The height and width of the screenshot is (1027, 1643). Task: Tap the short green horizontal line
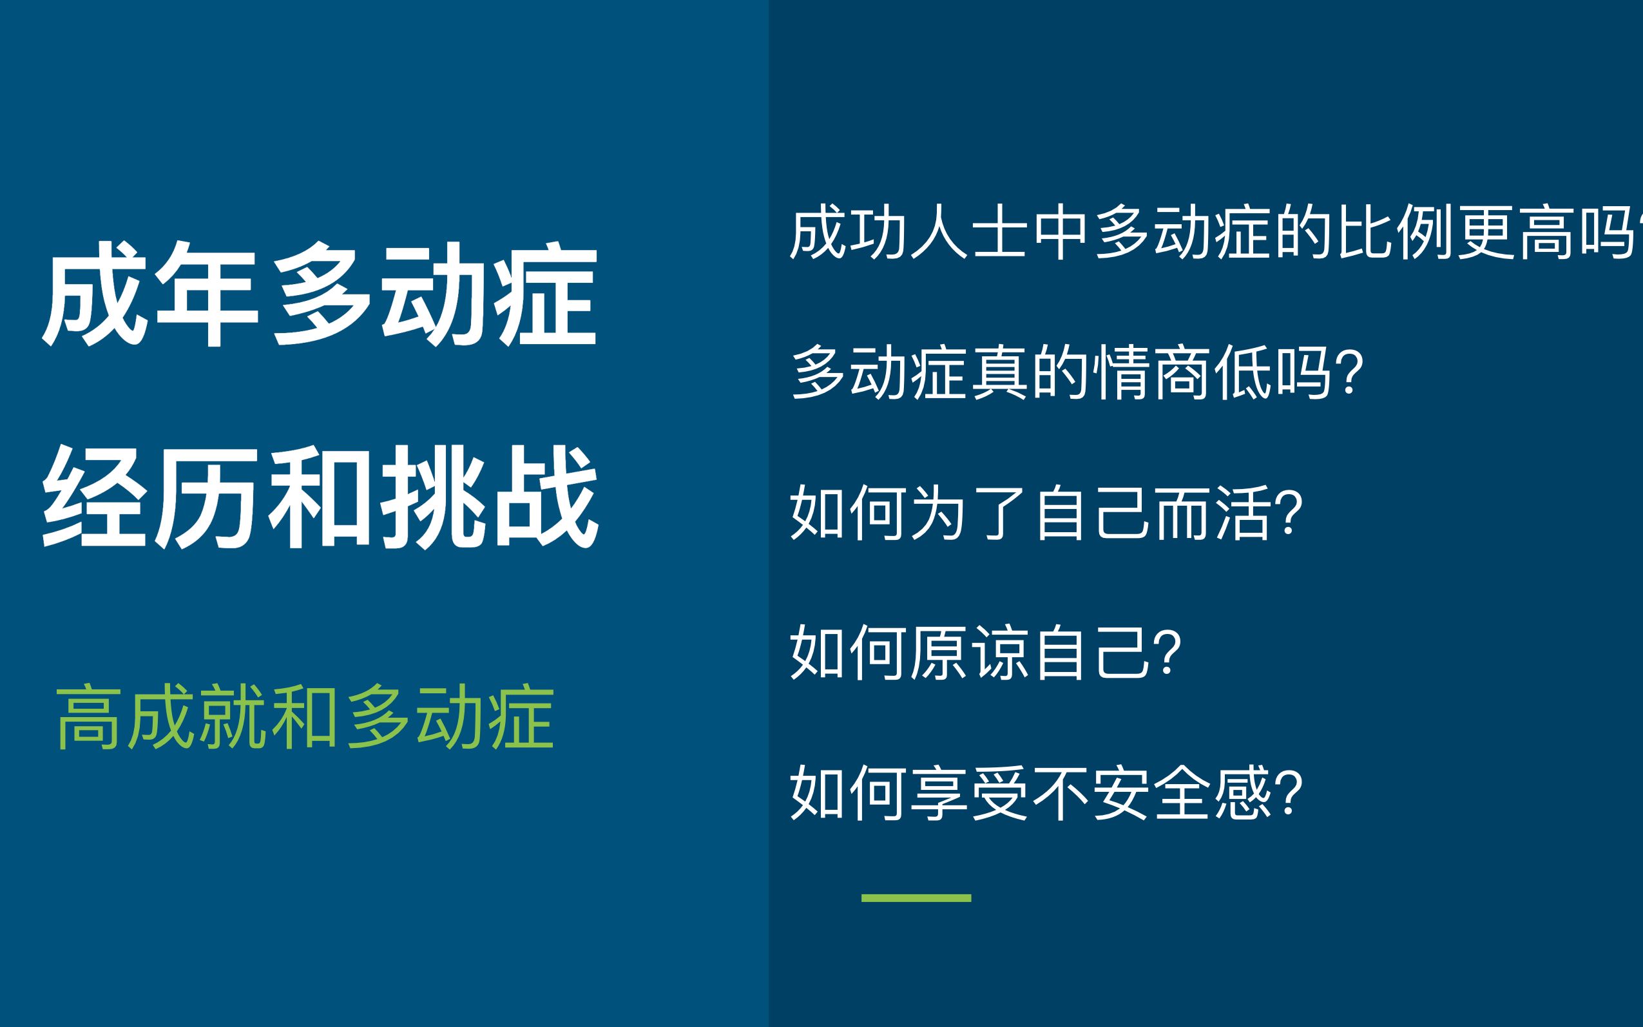coord(916,898)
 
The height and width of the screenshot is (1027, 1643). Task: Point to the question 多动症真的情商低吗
coord(1077,373)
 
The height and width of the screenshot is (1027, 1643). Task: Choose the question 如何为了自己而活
coord(1046,513)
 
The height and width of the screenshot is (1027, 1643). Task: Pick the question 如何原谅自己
coord(986,653)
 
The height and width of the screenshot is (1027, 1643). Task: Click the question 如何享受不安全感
coord(1046,792)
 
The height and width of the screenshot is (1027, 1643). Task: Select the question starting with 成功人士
coord(1216,233)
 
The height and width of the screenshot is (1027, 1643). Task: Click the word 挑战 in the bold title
coord(490,497)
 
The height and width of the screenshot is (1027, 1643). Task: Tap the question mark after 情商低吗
coord(1350,372)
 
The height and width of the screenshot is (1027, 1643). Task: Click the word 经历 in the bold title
coord(151,497)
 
